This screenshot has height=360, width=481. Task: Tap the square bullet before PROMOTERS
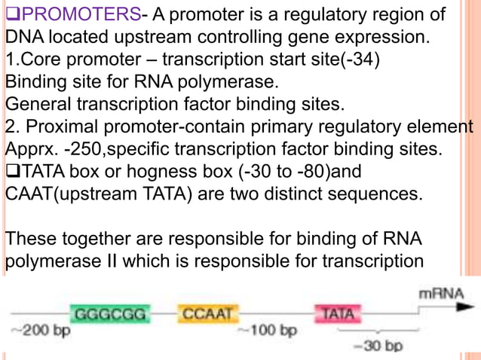pos(11,16)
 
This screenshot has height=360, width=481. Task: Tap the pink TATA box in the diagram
pos(338,313)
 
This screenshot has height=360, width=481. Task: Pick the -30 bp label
pos(378,346)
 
